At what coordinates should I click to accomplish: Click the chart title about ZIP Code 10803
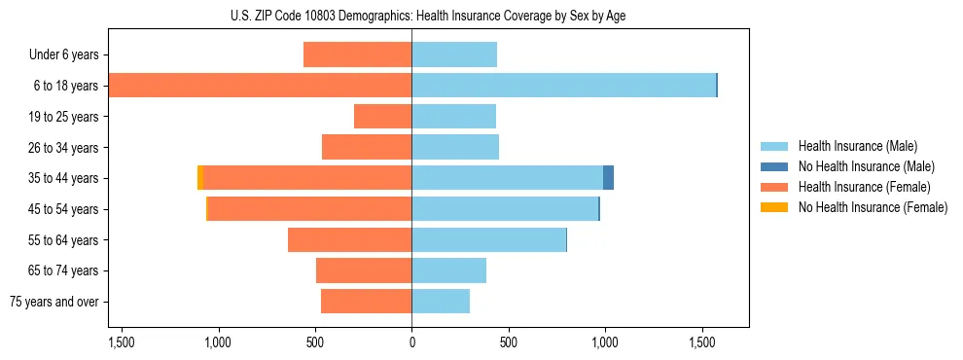(x=428, y=16)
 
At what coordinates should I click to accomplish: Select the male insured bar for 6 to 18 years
(x=563, y=86)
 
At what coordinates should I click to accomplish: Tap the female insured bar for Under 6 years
(x=357, y=54)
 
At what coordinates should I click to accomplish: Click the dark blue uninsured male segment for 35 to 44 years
(x=608, y=178)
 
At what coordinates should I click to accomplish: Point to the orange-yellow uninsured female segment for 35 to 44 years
(x=200, y=178)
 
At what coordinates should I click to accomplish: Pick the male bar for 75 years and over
(x=441, y=302)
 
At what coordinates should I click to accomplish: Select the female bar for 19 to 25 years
(x=382, y=117)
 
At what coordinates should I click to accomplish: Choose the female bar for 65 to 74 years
(x=364, y=270)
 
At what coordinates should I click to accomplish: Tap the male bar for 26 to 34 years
(x=455, y=147)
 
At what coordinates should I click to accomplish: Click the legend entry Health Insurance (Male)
(x=857, y=146)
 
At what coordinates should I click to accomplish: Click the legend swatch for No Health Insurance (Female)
(x=774, y=207)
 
